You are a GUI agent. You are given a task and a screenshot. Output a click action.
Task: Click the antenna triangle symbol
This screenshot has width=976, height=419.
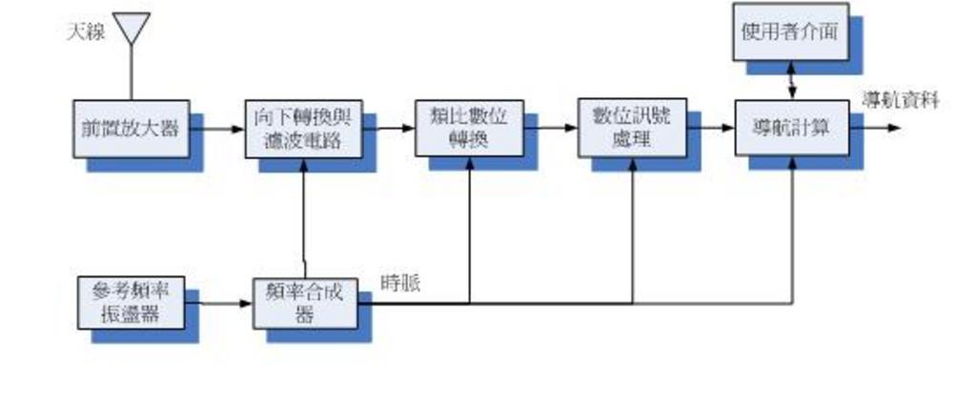132,27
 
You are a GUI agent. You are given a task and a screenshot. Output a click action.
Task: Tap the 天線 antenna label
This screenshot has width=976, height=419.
85,31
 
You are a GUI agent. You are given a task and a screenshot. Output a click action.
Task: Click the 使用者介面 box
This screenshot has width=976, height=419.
790,31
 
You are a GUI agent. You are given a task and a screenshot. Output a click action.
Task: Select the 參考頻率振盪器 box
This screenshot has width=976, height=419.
131,302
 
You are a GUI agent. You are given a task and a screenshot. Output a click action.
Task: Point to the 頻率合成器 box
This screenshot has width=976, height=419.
304,303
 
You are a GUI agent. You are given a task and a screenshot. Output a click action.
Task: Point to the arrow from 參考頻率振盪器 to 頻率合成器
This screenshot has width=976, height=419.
218,304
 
